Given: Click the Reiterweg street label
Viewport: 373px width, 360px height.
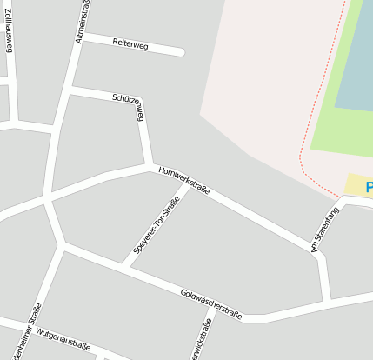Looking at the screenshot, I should point(130,43).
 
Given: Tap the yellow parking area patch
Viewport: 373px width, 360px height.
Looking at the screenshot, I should point(355,184).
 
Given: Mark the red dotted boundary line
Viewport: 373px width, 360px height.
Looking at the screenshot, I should point(303,148).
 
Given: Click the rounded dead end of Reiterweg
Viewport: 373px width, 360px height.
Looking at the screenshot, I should point(180,52).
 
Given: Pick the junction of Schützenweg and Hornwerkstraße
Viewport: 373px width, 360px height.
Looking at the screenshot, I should point(151,164).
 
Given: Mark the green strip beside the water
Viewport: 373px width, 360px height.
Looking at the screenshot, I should point(326,122).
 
